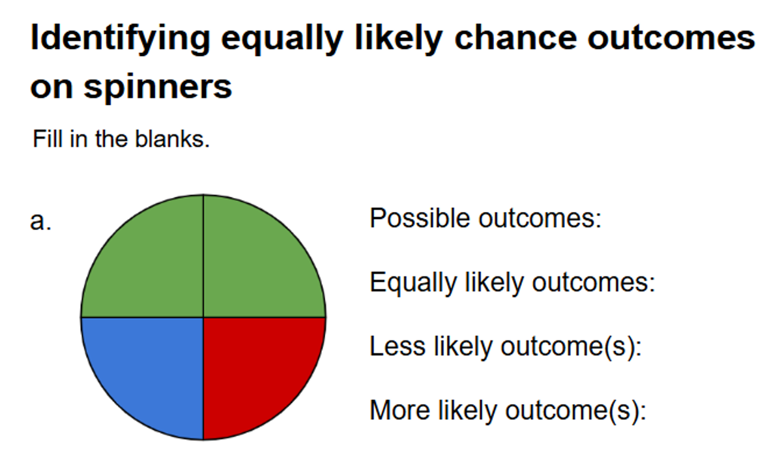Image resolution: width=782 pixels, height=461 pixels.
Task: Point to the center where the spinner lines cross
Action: pyautogui.click(x=203, y=318)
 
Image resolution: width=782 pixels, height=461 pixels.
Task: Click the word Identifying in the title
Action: pyautogui.click(x=121, y=39)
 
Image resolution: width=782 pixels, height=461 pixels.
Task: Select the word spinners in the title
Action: pyautogui.click(x=158, y=88)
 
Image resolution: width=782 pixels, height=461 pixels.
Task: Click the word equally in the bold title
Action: pyautogui.click(x=282, y=39)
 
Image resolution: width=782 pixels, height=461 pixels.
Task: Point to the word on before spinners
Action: pyautogui.click(x=51, y=87)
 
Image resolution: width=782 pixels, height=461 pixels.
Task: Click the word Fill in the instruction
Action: pyautogui.click(x=48, y=139)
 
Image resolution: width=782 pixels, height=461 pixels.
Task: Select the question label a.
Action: pyautogui.click(x=40, y=221)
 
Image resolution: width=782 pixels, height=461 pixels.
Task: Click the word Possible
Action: pyautogui.click(x=420, y=218)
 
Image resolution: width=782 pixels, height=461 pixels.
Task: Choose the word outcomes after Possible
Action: pyautogui.click(x=540, y=218)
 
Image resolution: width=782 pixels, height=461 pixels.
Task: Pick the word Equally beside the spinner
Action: pyautogui.click(x=413, y=283)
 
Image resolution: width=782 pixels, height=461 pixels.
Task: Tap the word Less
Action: pyautogui.click(x=398, y=346)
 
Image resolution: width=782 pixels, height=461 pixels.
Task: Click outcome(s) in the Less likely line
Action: pyautogui.click(x=571, y=347)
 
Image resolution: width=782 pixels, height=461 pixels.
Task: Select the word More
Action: pyautogui.click(x=399, y=410)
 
